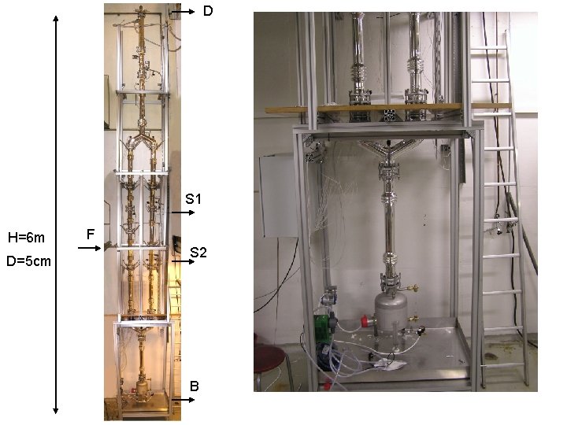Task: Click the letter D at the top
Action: pos(208,12)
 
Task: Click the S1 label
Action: pos(194,199)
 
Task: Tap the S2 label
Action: pos(198,253)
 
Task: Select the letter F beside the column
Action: pos(91,234)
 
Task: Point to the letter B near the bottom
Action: pos(195,386)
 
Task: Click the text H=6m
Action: pos(26,237)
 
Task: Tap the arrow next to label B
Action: pos(183,400)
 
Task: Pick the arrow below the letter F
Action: pos(90,248)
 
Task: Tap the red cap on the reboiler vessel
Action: pos(365,320)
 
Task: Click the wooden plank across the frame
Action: pos(386,109)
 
